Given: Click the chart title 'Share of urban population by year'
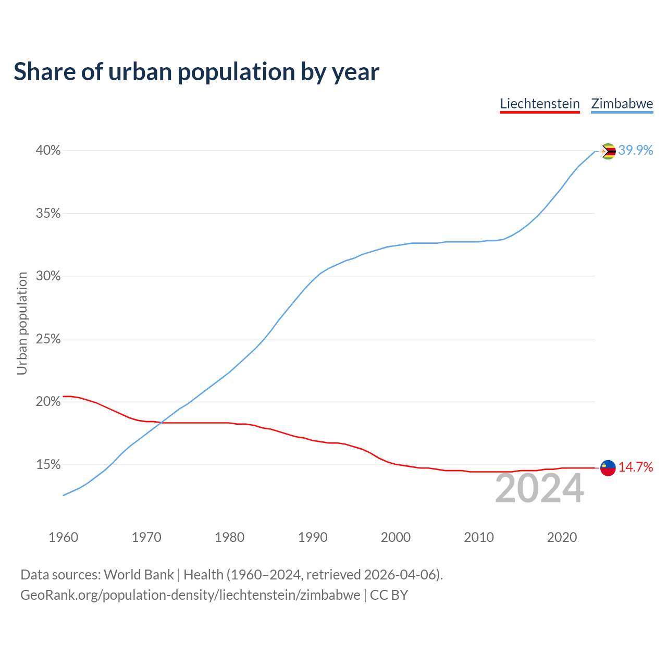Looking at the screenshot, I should tap(196, 72).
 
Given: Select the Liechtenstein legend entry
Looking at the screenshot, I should tap(540, 104).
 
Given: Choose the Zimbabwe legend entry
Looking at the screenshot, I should tap(622, 104).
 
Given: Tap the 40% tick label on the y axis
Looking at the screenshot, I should tap(48, 151).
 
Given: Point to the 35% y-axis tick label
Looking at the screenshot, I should tap(48, 214).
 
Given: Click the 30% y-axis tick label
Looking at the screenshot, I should tap(48, 276).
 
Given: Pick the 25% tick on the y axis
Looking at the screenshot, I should tap(48, 339).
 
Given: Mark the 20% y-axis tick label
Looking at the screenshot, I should tap(48, 402).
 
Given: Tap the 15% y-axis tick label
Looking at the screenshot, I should tap(48, 465).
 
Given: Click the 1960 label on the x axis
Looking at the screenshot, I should tap(63, 537).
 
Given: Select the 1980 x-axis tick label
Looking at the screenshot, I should tap(229, 537).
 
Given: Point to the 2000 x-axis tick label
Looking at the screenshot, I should tap(396, 537).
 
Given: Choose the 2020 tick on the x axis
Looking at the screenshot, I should tap(562, 537).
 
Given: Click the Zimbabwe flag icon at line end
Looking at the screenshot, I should tap(608, 151).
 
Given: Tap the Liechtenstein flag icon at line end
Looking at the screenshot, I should tap(608, 468).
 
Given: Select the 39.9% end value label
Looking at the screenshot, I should tap(636, 151).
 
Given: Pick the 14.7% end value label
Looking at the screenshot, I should tap(636, 467).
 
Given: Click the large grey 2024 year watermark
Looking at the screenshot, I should tap(539, 489).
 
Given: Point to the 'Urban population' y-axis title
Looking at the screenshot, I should tap(22, 323).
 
